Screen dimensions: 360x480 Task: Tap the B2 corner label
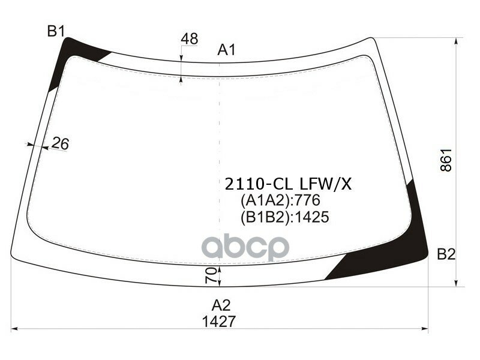(446, 254)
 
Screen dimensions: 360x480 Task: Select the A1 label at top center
(226, 50)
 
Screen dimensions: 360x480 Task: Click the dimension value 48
(189, 39)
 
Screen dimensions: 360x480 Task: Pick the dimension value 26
(60, 143)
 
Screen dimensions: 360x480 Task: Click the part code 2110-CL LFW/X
(287, 184)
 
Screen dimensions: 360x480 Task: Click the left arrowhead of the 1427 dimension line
(16, 329)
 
